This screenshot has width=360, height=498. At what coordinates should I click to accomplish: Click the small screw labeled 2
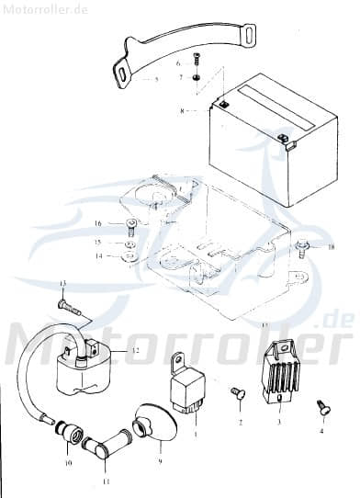click(236, 394)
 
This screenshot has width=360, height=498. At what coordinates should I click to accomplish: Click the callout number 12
click(134, 350)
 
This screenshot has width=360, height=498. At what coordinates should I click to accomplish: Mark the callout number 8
click(182, 111)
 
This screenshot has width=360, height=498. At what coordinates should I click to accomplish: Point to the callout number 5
click(157, 81)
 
